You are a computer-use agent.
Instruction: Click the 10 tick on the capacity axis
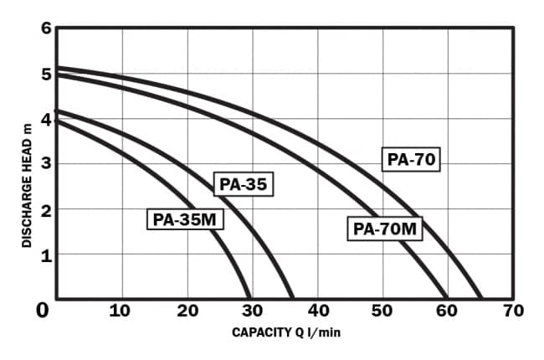(x=120, y=311)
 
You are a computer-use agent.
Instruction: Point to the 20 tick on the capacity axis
(x=187, y=311)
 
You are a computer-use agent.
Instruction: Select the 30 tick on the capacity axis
(x=252, y=311)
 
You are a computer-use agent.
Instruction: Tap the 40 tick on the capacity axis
(x=317, y=311)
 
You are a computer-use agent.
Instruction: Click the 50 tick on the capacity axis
(x=382, y=311)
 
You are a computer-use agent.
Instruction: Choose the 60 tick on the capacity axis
(x=448, y=311)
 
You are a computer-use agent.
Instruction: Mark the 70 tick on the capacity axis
(x=513, y=311)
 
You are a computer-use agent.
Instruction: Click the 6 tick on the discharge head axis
(x=46, y=28)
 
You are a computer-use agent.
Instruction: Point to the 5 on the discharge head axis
(x=46, y=74)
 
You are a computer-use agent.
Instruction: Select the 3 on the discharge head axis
(x=46, y=164)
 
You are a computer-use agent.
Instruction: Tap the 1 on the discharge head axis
(x=46, y=255)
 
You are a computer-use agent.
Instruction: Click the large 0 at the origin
(x=43, y=311)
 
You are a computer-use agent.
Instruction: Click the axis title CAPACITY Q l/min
(x=286, y=332)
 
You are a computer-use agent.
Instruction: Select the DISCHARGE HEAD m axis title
(x=27, y=185)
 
